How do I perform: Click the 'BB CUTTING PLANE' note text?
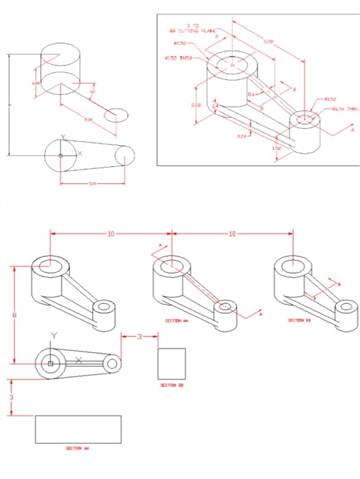click(x=194, y=30)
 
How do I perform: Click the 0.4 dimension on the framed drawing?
click(x=250, y=94)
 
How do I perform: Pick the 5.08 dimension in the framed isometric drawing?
click(x=268, y=42)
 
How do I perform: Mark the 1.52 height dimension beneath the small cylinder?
click(x=277, y=148)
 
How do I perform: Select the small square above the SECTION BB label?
click(x=172, y=363)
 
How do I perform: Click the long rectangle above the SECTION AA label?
click(x=78, y=429)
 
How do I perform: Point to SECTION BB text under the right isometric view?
click(x=300, y=320)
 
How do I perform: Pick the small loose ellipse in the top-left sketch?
click(x=115, y=115)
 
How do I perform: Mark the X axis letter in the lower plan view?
click(x=79, y=360)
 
